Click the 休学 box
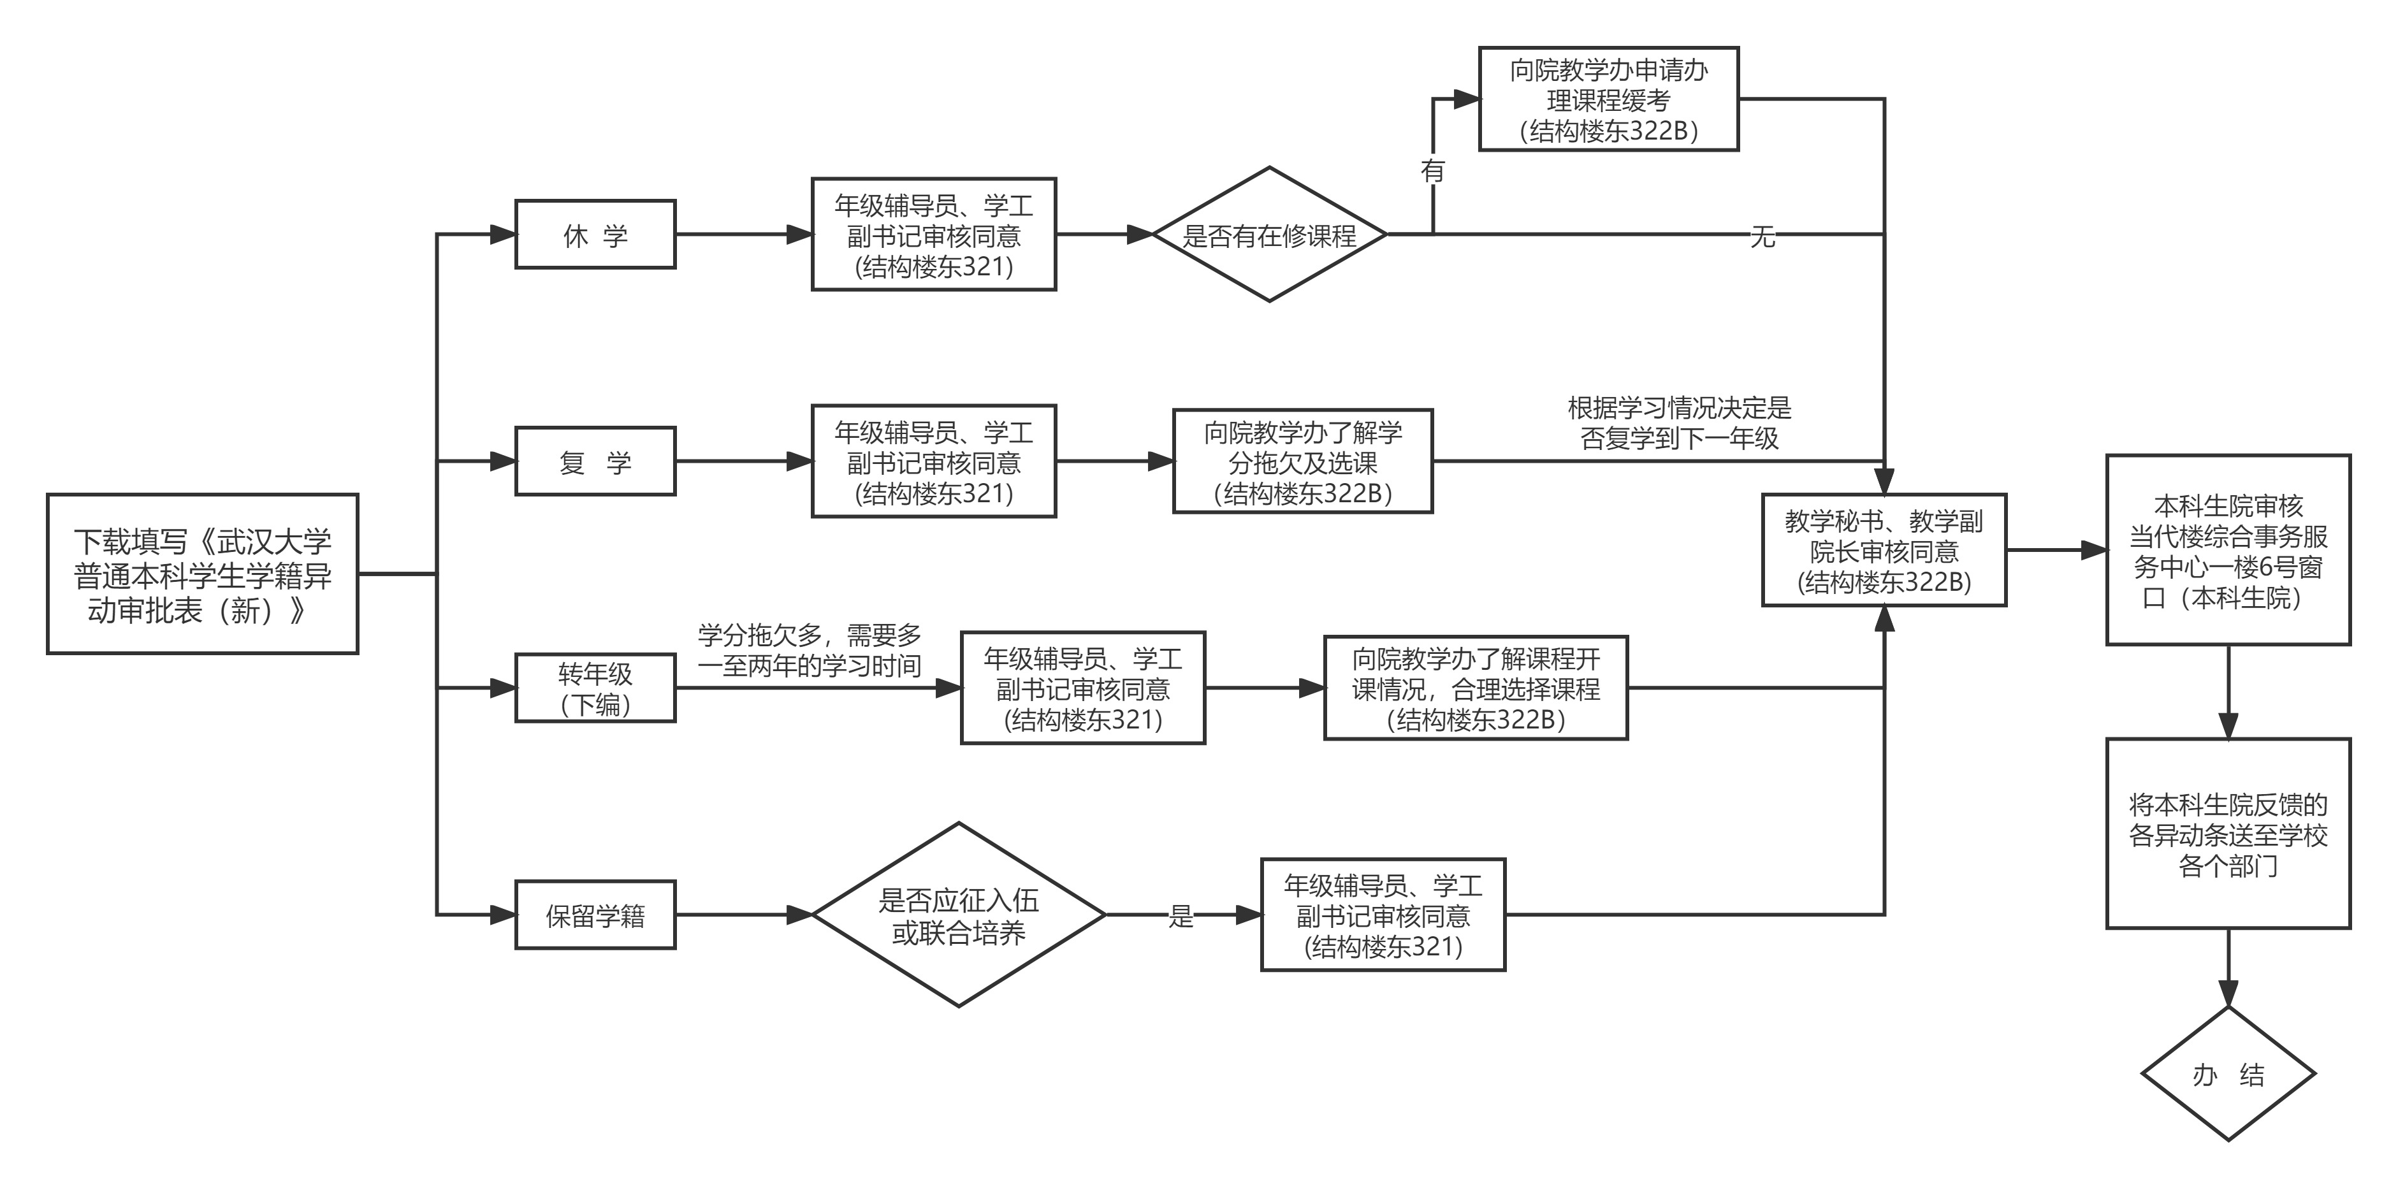pos(595,235)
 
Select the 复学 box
pos(595,461)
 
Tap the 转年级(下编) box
pos(595,688)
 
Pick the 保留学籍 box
pos(595,915)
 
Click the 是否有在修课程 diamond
pos(1269,235)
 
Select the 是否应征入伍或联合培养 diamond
pos(958,915)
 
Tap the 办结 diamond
pos(2228,1075)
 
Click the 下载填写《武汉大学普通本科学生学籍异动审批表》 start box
pos(202,574)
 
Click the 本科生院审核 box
pos(2228,550)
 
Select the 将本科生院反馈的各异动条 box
pos(2228,833)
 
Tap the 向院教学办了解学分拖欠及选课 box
pos(1302,461)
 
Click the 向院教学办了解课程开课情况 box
pos(1476,688)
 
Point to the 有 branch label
pos(1433,171)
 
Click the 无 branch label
pos(1762,236)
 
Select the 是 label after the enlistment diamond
pos(1181,916)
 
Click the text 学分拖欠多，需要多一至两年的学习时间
pos(809,650)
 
